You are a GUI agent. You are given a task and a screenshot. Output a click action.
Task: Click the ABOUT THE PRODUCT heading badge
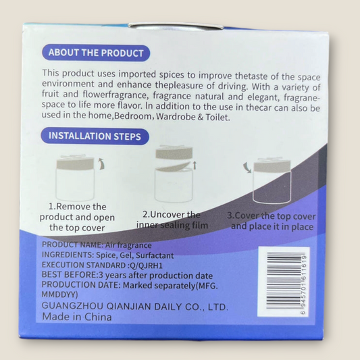(x=96, y=53)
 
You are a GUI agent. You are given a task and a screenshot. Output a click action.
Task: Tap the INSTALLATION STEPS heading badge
(x=95, y=136)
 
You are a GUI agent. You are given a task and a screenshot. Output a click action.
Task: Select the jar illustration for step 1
(x=75, y=178)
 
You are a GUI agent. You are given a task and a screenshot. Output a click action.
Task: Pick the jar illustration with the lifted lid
(x=174, y=174)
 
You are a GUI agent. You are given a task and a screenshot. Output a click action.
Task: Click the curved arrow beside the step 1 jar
(x=101, y=163)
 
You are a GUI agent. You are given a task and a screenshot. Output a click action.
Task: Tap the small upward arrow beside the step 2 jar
(x=195, y=165)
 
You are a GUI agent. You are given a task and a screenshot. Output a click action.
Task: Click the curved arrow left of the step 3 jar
(x=247, y=167)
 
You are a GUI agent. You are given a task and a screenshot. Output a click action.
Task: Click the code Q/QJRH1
(x=146, y=266)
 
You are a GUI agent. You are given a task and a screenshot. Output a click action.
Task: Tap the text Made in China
(x=77, y=317)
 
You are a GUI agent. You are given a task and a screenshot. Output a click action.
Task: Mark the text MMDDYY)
(x=59, y=294)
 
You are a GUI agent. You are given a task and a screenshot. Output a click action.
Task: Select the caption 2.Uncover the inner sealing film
(x=172, y=220)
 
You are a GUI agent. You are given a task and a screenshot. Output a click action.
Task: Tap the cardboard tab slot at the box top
(x=176, y=26)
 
